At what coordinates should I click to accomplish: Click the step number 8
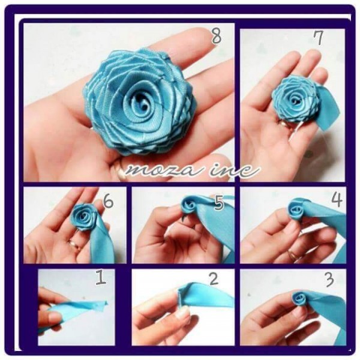pos(216,37)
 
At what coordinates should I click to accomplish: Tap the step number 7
pos(318,38)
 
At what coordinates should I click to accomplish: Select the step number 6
pos(108,202)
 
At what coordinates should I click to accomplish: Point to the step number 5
pos(218,203)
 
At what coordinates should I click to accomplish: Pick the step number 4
pos(337,199)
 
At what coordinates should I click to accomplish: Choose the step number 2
pos(214,279)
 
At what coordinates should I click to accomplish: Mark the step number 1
pos(101,278)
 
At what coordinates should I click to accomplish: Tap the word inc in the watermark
pos(235,171)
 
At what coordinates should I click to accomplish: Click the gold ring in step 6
pos(73,244)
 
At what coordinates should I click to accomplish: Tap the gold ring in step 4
pos(293,254)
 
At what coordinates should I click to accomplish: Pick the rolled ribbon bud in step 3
pos(299,298)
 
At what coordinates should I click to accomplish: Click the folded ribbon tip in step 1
pos(104,303)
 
